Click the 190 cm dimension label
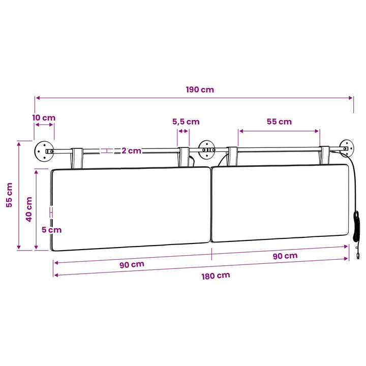(200, 89)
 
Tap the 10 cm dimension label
(44, 117)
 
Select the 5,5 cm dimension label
(186, 121)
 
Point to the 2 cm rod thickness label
(132, 151)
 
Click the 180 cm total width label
(216, 276)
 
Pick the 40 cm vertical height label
(29, 209)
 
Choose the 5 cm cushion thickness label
(51, 230)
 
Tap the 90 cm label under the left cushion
(132, 265)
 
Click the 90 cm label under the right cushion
(285, 256)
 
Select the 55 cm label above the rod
(279, 121)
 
